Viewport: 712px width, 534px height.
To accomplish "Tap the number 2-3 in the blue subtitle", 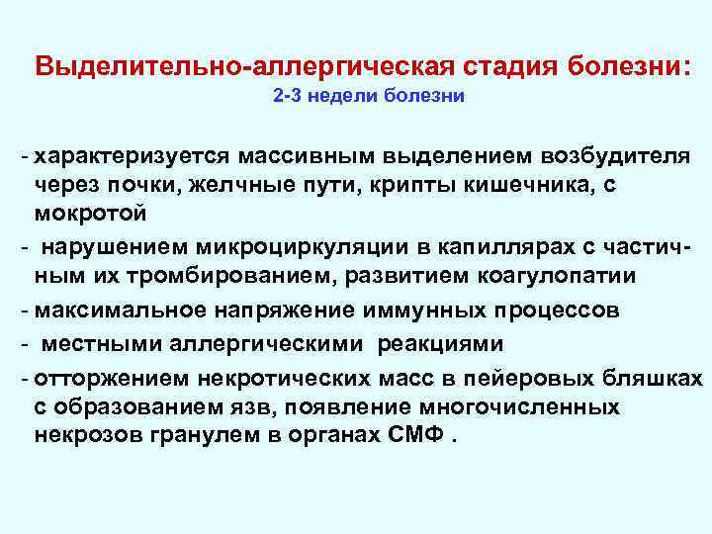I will click(288, 98).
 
